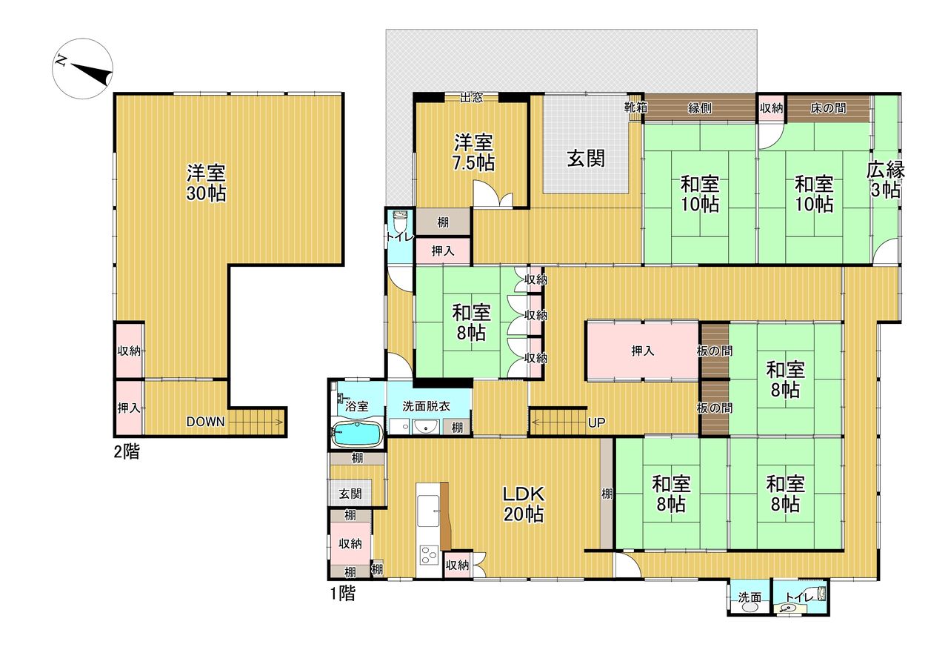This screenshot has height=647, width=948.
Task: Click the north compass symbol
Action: [x=82, y=69]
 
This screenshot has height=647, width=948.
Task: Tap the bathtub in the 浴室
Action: [x=358, y=434]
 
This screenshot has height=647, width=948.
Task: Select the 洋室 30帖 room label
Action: [x=206, y=183]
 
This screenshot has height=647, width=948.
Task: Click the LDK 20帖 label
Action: [x=524, y=504]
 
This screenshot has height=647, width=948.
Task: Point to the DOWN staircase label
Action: [x=206, y=422]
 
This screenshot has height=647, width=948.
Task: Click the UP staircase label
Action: [x=597, y=422]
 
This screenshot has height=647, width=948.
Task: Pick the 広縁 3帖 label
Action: [x=885, y=180]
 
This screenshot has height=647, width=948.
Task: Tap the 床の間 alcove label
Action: [x=828, y=108]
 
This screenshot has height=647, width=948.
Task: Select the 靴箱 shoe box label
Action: [x=635, y=107]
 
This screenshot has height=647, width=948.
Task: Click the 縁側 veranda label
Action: [x=700, y=108]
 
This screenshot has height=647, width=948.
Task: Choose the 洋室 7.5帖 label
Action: [x=473, y=153]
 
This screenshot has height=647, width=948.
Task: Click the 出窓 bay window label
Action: [x=471, y=98]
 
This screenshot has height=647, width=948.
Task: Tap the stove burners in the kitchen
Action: [x=428, y=555]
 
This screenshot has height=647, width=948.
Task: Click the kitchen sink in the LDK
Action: [x=428, y=511]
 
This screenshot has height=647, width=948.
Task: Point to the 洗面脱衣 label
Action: [x=426, y=406]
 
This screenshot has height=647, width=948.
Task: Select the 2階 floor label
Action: [x=127, y=452]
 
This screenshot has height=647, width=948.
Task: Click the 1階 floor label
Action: [x=342, y=593]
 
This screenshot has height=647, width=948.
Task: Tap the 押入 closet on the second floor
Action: [x=129, y=408]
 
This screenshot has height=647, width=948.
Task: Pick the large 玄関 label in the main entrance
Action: [x=586, y=159]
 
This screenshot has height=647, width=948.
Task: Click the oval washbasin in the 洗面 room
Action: [x=750, y=607]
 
